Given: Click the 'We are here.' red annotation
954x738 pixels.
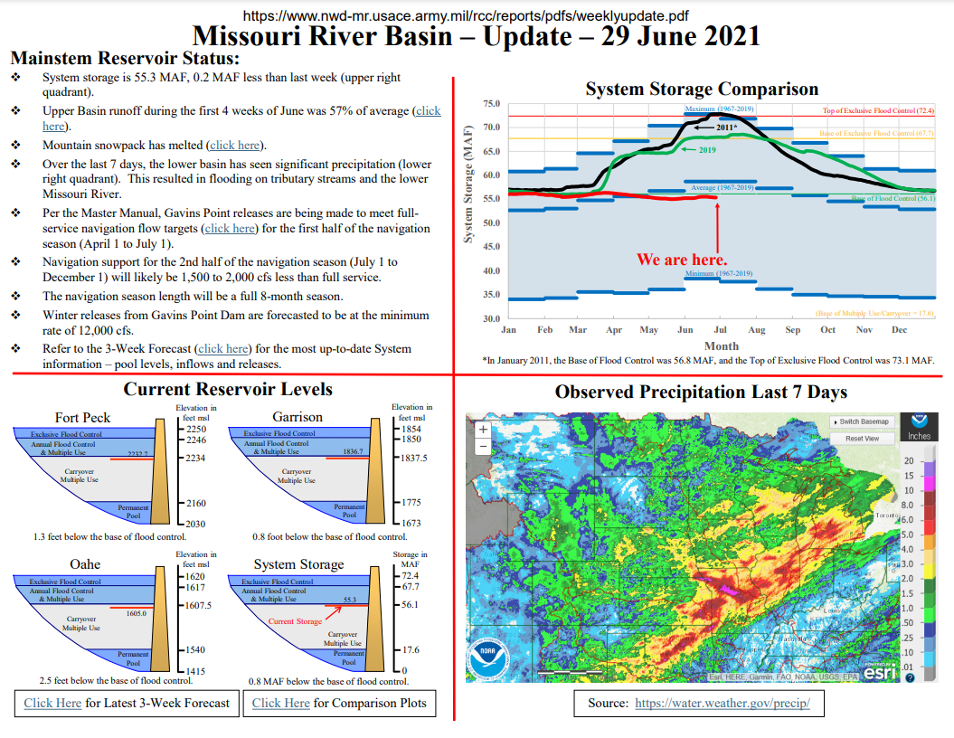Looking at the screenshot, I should pos(682,260).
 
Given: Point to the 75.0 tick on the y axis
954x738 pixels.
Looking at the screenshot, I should pos(491,104).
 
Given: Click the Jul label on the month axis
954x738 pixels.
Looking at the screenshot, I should pos(721,330).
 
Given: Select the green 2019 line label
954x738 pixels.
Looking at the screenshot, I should pos(707,150).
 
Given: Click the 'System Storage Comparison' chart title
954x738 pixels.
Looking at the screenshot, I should pos(702,89).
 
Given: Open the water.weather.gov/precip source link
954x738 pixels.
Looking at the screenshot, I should pos(723,703).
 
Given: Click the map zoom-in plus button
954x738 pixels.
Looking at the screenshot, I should pos(483,430).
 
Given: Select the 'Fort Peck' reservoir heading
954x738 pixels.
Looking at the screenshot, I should pos(82,417).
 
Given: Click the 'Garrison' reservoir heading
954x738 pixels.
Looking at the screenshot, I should pos(298,417).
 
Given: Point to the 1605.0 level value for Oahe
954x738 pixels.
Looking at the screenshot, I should pos(136,613).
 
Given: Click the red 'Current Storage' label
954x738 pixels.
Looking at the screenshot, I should pos(295,621).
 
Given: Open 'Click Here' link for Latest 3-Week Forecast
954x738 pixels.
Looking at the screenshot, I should pos(52,703).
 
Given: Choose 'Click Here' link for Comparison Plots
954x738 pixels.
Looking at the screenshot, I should pos(280,703).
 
